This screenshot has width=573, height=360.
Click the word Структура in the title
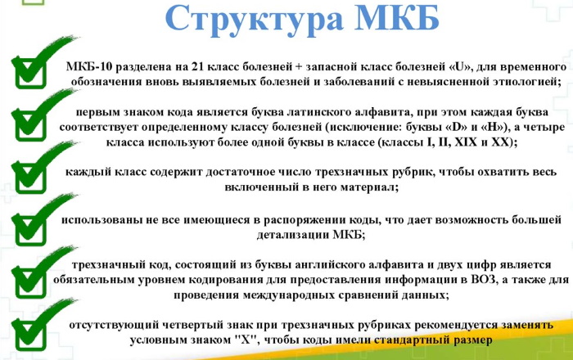click(x=255, y=19)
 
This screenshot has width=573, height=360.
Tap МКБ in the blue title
click(x=397, y=17)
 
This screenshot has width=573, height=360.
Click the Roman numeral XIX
click(x=466, y=142)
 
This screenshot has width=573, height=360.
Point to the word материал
click(x=369, y=187)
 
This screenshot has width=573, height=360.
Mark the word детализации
click(x=293, y=234)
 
